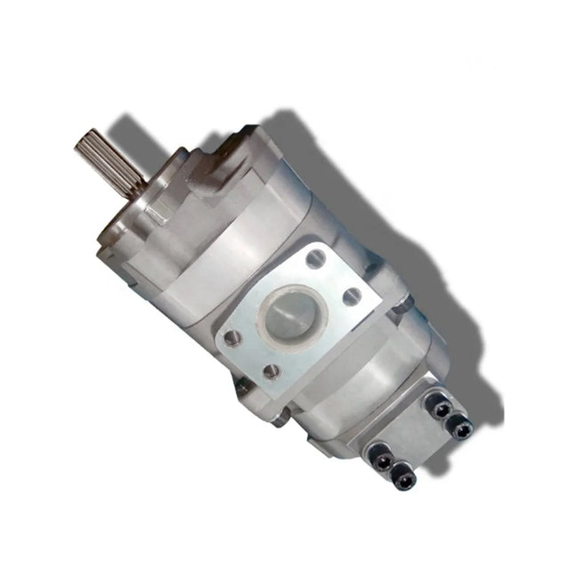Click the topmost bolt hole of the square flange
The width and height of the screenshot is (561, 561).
pos(313,260)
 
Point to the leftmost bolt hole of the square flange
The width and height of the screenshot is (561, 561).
pos(231,337)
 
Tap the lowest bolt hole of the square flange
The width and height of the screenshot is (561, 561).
pos(270,372)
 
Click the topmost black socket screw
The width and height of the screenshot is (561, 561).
pos(439,406)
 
